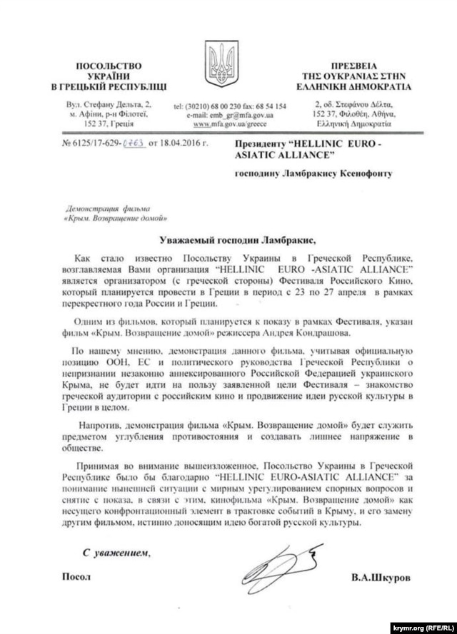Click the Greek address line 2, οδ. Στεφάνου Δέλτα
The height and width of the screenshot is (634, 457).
coord(354,105)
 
